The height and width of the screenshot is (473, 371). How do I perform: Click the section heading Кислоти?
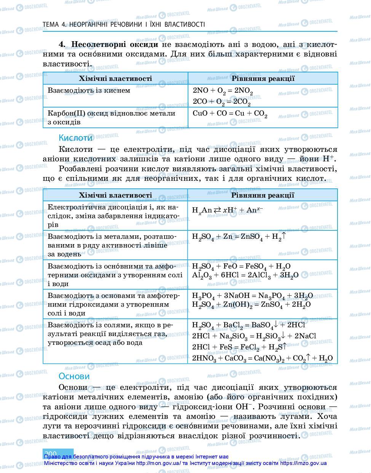coord(75,138)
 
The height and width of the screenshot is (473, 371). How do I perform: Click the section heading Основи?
coord(74,376)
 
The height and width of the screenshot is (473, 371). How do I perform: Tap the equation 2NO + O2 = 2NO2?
coord(223,91)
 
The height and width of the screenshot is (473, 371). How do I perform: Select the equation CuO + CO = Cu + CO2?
coord(230,114)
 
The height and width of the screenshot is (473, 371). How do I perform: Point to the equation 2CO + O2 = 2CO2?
coord(221,102)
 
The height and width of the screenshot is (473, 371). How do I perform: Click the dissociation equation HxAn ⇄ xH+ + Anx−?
coord(227,210)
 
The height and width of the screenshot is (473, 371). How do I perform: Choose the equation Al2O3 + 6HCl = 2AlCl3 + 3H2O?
coord(245,275)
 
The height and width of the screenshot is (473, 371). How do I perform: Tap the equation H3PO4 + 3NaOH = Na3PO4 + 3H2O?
coord(252,296)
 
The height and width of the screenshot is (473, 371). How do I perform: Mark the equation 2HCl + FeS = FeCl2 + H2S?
coord(239,347)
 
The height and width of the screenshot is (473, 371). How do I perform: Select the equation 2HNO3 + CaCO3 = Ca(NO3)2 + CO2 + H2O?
coord(262,358)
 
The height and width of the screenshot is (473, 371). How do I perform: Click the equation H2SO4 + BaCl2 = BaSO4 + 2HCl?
coord(248,325)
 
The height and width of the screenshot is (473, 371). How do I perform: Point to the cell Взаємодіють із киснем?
coord(89,90)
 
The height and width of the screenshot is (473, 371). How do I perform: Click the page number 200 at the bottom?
coord(51,453)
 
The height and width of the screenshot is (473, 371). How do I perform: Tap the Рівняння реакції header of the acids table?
coord(262,195)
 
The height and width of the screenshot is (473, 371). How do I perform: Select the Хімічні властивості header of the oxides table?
coord(115,79)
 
